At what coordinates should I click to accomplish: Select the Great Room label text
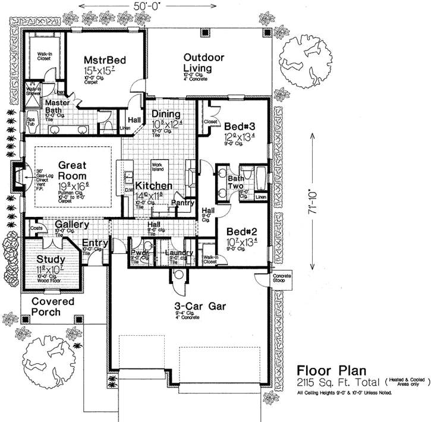[73, 171]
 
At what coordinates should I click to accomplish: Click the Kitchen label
[153, 186]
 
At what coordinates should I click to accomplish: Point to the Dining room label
[163, 114]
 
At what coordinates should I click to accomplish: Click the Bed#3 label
[240, 126]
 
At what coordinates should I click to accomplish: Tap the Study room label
[51, 260]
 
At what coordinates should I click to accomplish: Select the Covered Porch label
[53, 307]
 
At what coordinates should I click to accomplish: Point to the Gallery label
[72, 225]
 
